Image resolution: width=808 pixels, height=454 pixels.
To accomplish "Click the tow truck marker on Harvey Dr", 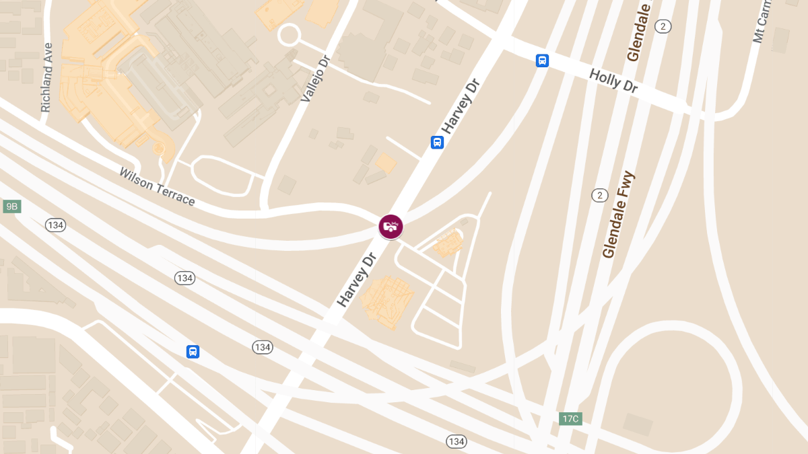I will point(391,226).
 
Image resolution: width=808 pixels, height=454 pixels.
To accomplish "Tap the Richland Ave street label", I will point(46,78).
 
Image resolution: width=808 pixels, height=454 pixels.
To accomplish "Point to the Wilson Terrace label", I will point(157,187).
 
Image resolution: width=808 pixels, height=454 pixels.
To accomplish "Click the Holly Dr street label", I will point(613,81).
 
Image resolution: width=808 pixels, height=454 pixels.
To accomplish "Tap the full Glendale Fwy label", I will point(619,215).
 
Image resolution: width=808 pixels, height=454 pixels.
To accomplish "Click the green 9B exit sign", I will point(11,206).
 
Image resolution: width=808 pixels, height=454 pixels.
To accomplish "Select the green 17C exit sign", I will point(570,419).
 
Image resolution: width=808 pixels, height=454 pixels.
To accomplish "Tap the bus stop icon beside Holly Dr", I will point(542,61).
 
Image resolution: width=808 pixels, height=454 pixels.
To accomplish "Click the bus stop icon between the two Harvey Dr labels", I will point(437,143).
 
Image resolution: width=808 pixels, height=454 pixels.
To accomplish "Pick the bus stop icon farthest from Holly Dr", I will point(193,351).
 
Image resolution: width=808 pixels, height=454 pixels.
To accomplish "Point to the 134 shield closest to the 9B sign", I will point(55,225).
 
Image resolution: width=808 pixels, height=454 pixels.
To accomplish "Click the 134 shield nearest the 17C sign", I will point(456,441).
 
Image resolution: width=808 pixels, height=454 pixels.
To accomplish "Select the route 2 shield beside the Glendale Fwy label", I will point(599,195).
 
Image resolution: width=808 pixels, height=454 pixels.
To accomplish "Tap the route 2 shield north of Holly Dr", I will point(663,26).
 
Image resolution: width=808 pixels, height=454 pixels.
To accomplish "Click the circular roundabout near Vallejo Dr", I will point(290,35).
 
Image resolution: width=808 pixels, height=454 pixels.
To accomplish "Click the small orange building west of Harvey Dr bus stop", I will point(386,163).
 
